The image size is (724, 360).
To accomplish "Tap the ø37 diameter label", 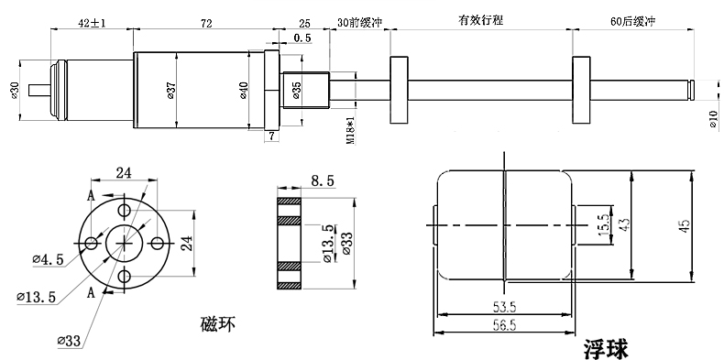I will click(171, 90).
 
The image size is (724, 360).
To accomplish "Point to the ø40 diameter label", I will click(244, 91).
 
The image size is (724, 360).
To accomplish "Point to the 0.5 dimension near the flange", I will click(302, 38).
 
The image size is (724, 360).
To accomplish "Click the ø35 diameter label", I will click(297, 90).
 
